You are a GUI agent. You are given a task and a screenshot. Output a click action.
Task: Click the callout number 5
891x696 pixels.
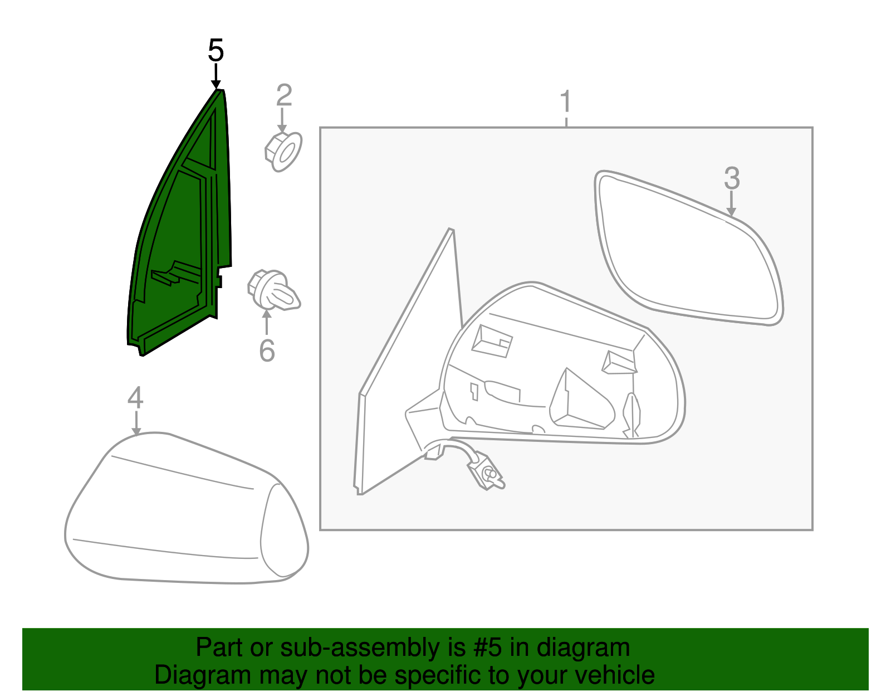click(x=216, y=51)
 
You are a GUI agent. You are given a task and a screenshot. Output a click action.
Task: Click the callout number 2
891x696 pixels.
click(x=284, y=96)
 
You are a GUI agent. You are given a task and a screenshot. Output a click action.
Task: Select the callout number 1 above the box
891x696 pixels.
click(x=566, y=103)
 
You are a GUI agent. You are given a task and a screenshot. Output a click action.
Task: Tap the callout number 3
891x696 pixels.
click(x=732, y=179)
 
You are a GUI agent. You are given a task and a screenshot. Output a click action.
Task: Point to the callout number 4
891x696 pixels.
click(x=135, y=398)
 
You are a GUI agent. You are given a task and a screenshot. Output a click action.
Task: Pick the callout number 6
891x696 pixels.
click(x=267, y=351)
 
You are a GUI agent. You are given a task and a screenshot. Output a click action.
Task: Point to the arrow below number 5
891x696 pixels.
click(x=216, y=76)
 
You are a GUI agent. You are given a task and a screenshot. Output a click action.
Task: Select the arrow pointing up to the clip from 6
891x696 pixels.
click(x=267, y=322)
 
